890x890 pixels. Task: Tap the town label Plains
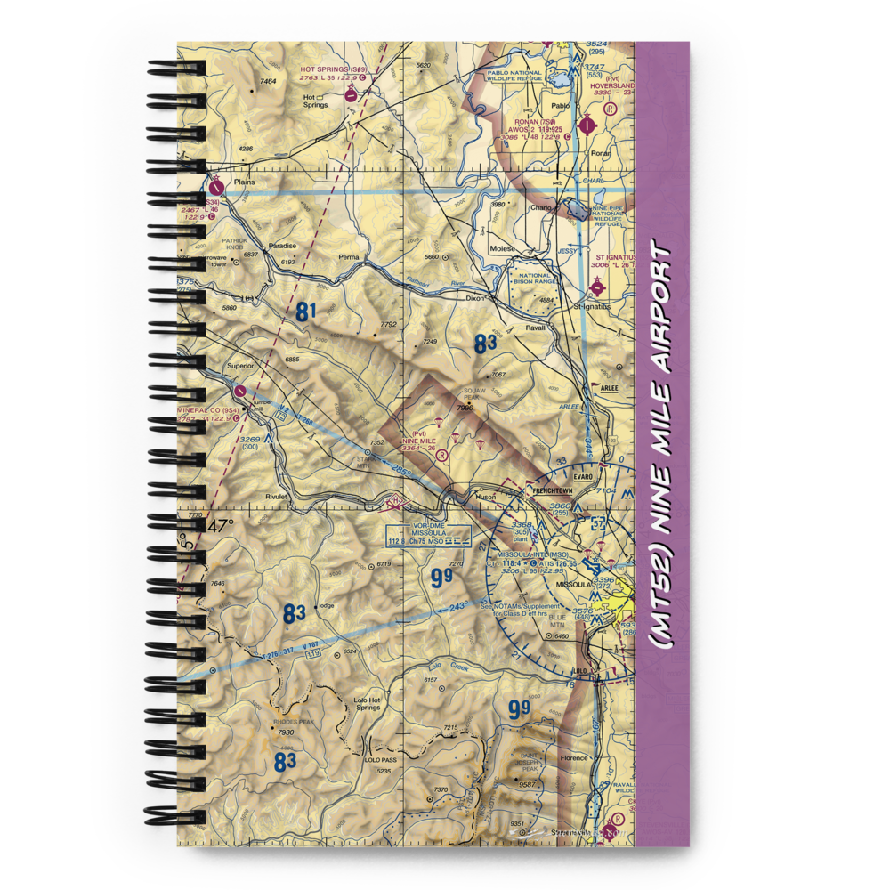(x=243, y=182)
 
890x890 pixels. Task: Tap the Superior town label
(x=240, y=365)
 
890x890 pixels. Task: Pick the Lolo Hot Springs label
(x=368, y=703)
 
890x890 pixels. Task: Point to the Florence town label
(x=574, y=758)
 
